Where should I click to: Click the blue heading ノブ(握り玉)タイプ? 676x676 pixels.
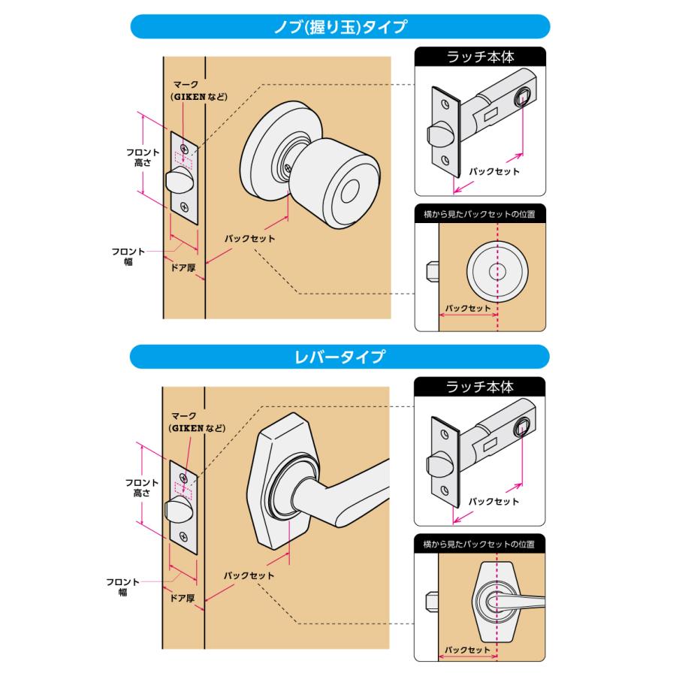click(339, 27)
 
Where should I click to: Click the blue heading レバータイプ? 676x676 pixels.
click(339, 356)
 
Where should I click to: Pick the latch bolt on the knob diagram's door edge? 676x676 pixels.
click(177, 182)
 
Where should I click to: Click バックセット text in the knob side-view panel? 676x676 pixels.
click(467, 308)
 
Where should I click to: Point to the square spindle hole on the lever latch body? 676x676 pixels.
click(521, 428)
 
